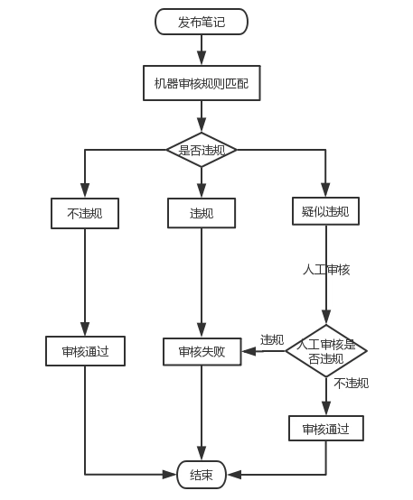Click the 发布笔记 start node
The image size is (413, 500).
pos(201,22)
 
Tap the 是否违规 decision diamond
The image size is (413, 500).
pos(201,149)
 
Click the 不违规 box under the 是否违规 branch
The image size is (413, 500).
pos(85,213)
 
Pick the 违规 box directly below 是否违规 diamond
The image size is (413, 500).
pos(201,213)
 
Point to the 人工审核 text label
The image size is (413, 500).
pos(326,269)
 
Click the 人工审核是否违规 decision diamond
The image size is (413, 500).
pos(326,351)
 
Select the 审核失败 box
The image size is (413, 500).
pos(201,351)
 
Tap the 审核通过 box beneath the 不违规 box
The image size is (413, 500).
pos(85,351)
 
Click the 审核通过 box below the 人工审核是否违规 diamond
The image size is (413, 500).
pos(326,428)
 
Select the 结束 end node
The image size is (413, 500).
pos(201,475)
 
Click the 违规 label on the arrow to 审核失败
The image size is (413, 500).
pos(272,339)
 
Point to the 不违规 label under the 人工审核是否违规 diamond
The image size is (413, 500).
pos(351,384)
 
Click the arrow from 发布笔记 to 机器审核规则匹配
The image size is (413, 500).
pos(201,50)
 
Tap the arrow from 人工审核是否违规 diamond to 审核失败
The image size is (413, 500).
pos(263,351)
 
